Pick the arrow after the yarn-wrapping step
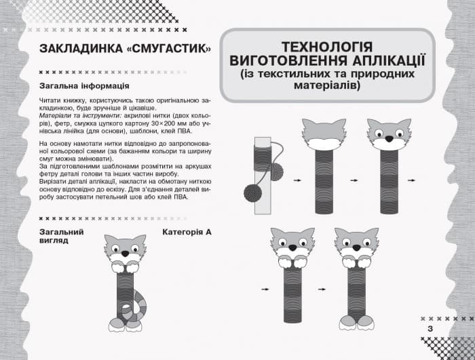point(297,181)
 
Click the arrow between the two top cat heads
point(354,181)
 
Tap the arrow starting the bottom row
point(265,289)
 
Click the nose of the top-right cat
point(389,138)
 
